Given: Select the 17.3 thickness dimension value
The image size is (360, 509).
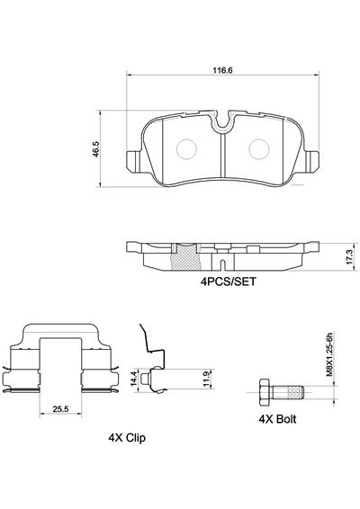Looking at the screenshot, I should click(345, 255).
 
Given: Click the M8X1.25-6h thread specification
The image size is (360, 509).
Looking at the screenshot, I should click(331, 354).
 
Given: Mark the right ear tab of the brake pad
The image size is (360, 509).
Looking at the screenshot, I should click(314, 162).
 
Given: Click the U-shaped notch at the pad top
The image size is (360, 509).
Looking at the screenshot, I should click(221, 121).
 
